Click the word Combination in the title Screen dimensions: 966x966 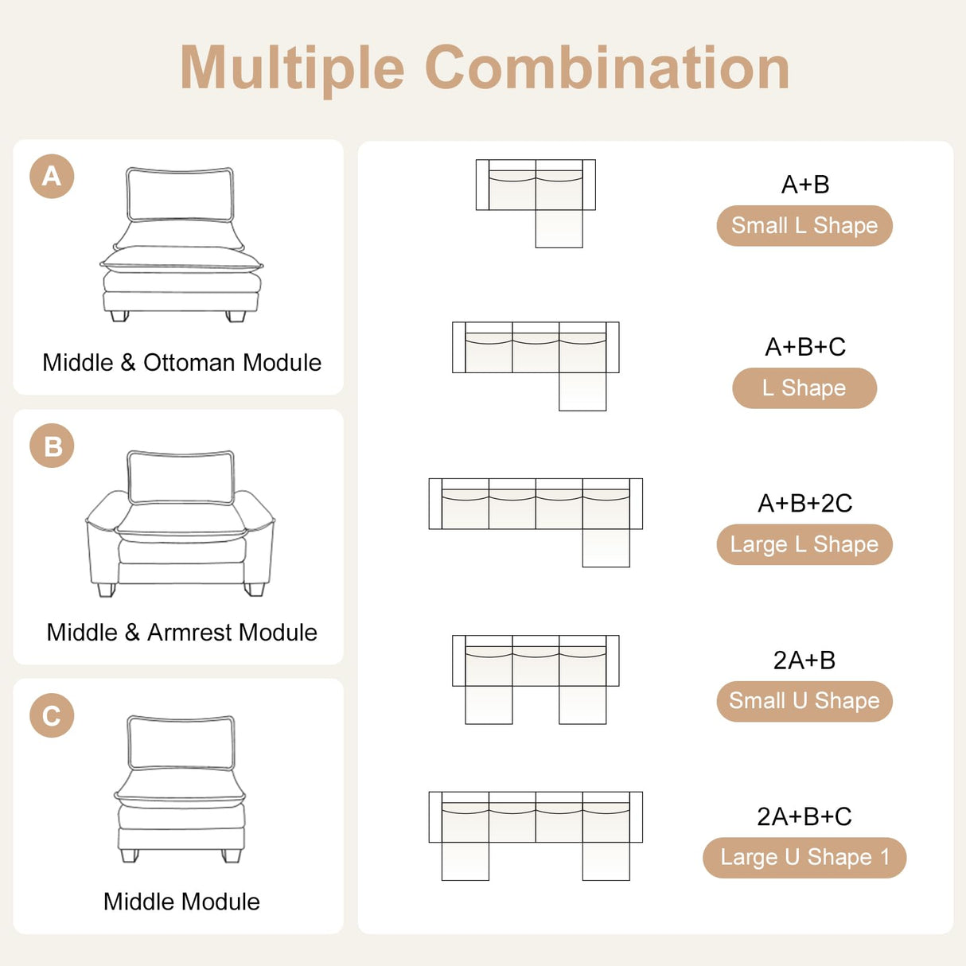[x=606, y=68]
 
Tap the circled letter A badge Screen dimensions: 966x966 [x=52, y=176]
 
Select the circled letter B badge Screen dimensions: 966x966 [x=52, y=446]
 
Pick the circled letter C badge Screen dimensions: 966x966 [x=52, y=715]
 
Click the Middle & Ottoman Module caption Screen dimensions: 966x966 [x=181, y=363]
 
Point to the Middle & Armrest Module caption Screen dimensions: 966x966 [x=181, y=633]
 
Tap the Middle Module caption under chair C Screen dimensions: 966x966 [x=181, y=902]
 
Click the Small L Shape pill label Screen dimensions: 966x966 [x=804, y=226]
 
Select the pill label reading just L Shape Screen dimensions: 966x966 [x=804, y=388]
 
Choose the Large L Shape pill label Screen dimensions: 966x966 [x=804, y=544]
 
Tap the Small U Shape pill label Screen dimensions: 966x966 [x=804, y=701]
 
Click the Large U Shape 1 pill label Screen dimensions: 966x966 [x=804, y=858]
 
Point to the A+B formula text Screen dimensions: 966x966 [x=805, y=185]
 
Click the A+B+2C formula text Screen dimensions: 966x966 [x=804, y=504]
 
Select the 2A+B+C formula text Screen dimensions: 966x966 [x=804, y=816]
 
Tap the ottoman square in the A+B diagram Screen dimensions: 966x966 [x=559, y=229]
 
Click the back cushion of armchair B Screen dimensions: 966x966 [x=181, y=477]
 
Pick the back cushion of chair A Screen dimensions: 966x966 [x=180, y=194]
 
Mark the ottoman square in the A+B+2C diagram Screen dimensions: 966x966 [x=606, y=548]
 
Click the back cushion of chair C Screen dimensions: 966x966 [x=181, y=742]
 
